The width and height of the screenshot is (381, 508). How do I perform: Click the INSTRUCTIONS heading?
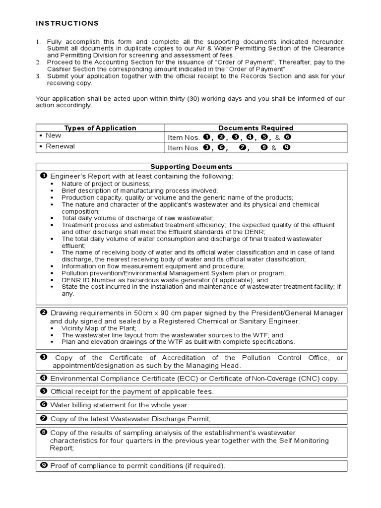(x=67, y=23)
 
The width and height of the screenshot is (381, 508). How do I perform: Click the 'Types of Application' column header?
(x=100, y=128)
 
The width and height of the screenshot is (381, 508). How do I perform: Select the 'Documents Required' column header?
(x=255, y=128)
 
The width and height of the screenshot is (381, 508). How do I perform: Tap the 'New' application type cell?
(x=54, y=135)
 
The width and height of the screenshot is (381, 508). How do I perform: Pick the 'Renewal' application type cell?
(x=60, y=147)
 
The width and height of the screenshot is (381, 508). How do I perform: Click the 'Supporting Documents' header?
(x=191, y=167)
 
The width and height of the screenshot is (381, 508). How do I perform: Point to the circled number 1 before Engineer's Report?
(x=44, y=176)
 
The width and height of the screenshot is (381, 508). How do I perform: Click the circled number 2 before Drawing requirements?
(x=44, y=313)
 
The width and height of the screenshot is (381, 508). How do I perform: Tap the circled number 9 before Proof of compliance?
(x=44, y=466)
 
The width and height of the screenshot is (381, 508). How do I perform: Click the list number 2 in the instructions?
(x=38, y=62)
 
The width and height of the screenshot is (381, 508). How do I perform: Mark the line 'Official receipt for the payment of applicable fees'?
(x=132, y=392)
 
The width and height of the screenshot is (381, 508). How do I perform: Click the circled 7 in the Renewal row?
(x=242, y=147)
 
